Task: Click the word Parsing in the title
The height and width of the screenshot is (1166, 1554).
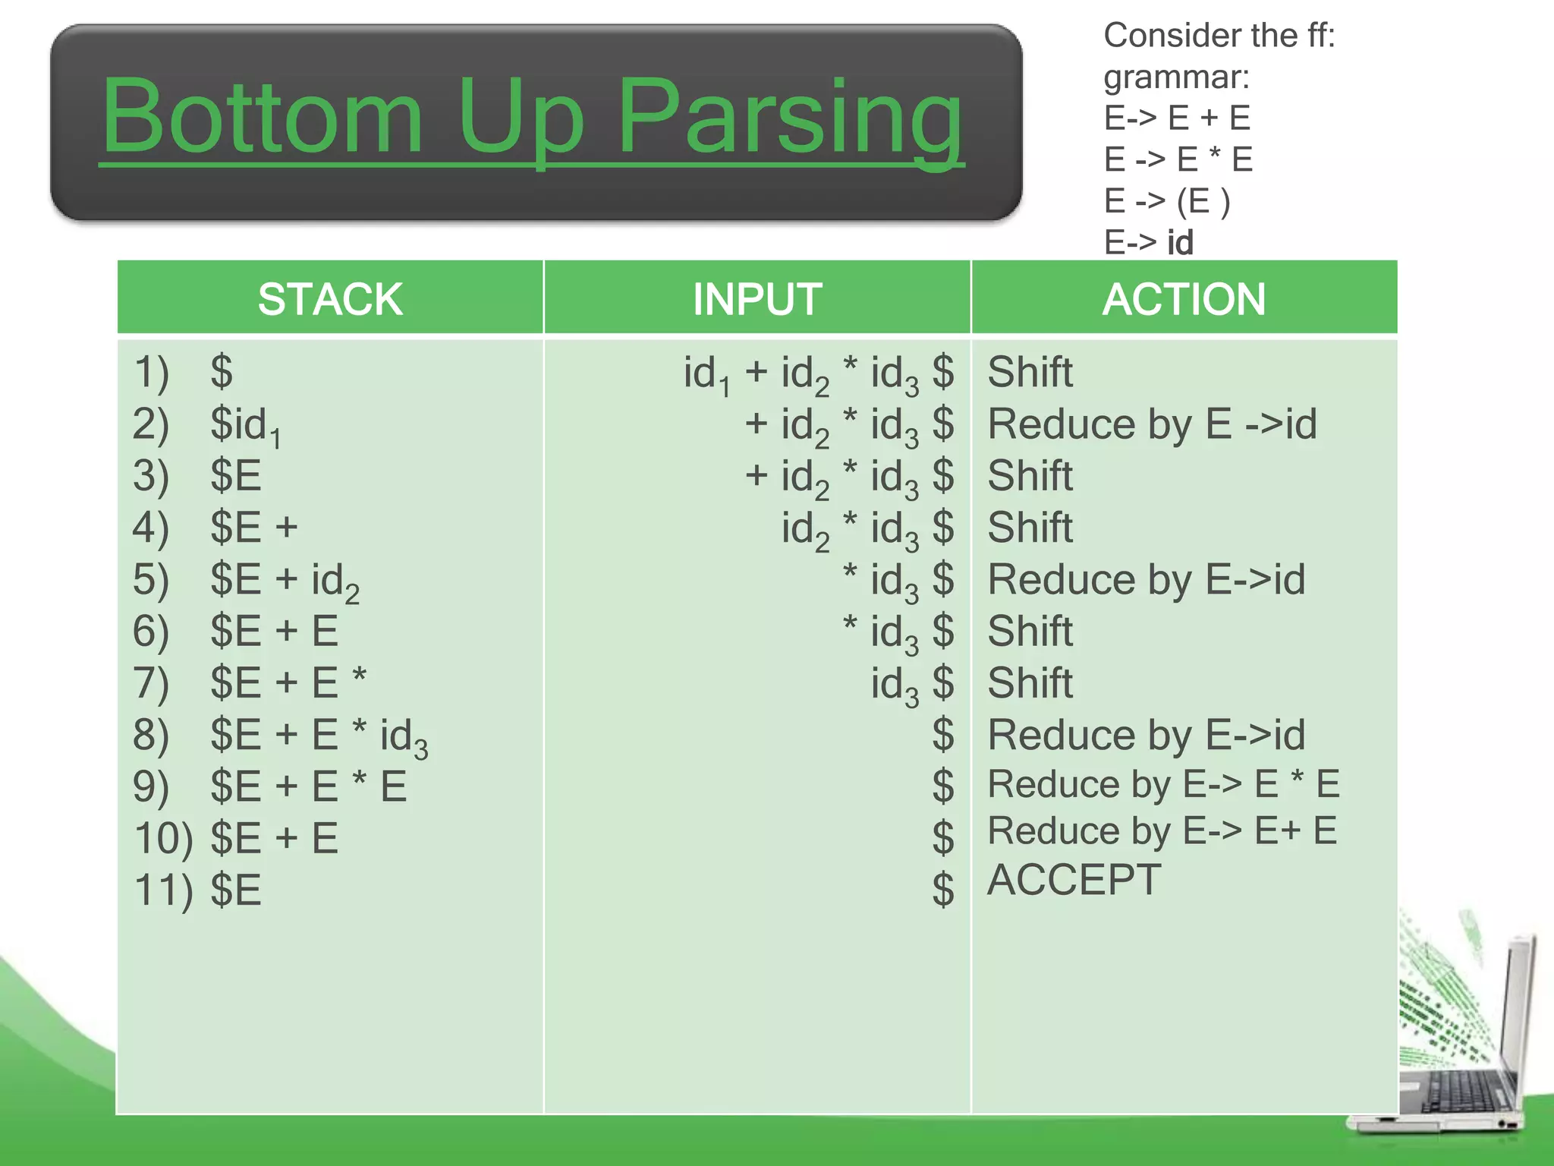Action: (x=789, y=118)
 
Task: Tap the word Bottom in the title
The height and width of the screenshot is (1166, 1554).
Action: (x=262, y=118)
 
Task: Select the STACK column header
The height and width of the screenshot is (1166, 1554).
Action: (x=330, y=298)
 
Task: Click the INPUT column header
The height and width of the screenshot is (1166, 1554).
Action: (x=757, y=298)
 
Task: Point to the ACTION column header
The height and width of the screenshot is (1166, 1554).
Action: (x=1184, y=298)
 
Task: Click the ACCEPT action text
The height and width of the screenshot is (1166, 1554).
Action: (x=1074, y=880)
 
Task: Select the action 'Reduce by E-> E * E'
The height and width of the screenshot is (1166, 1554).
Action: (x=1163, y=784)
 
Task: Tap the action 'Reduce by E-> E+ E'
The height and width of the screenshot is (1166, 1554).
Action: (x=1162, y=831)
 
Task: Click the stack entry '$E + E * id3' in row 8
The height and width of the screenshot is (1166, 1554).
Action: (x=319, y=736)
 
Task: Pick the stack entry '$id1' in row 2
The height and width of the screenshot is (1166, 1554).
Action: (x=245, y=425)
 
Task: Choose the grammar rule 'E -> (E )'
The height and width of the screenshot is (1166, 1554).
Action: (x=1166, y=201)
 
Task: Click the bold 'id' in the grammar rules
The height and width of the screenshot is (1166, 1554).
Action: (x=1180, y=243)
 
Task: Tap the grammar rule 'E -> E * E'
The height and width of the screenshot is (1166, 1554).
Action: (x=1178, y=159)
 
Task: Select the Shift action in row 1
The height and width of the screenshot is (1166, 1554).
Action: (x=1030, y=372)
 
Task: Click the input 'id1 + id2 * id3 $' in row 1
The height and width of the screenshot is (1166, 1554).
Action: (x=818, y=373)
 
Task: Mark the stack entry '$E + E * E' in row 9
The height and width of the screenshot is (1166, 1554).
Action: (x=308, y=786)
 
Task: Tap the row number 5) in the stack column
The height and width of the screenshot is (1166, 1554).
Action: (x=150, y=579)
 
